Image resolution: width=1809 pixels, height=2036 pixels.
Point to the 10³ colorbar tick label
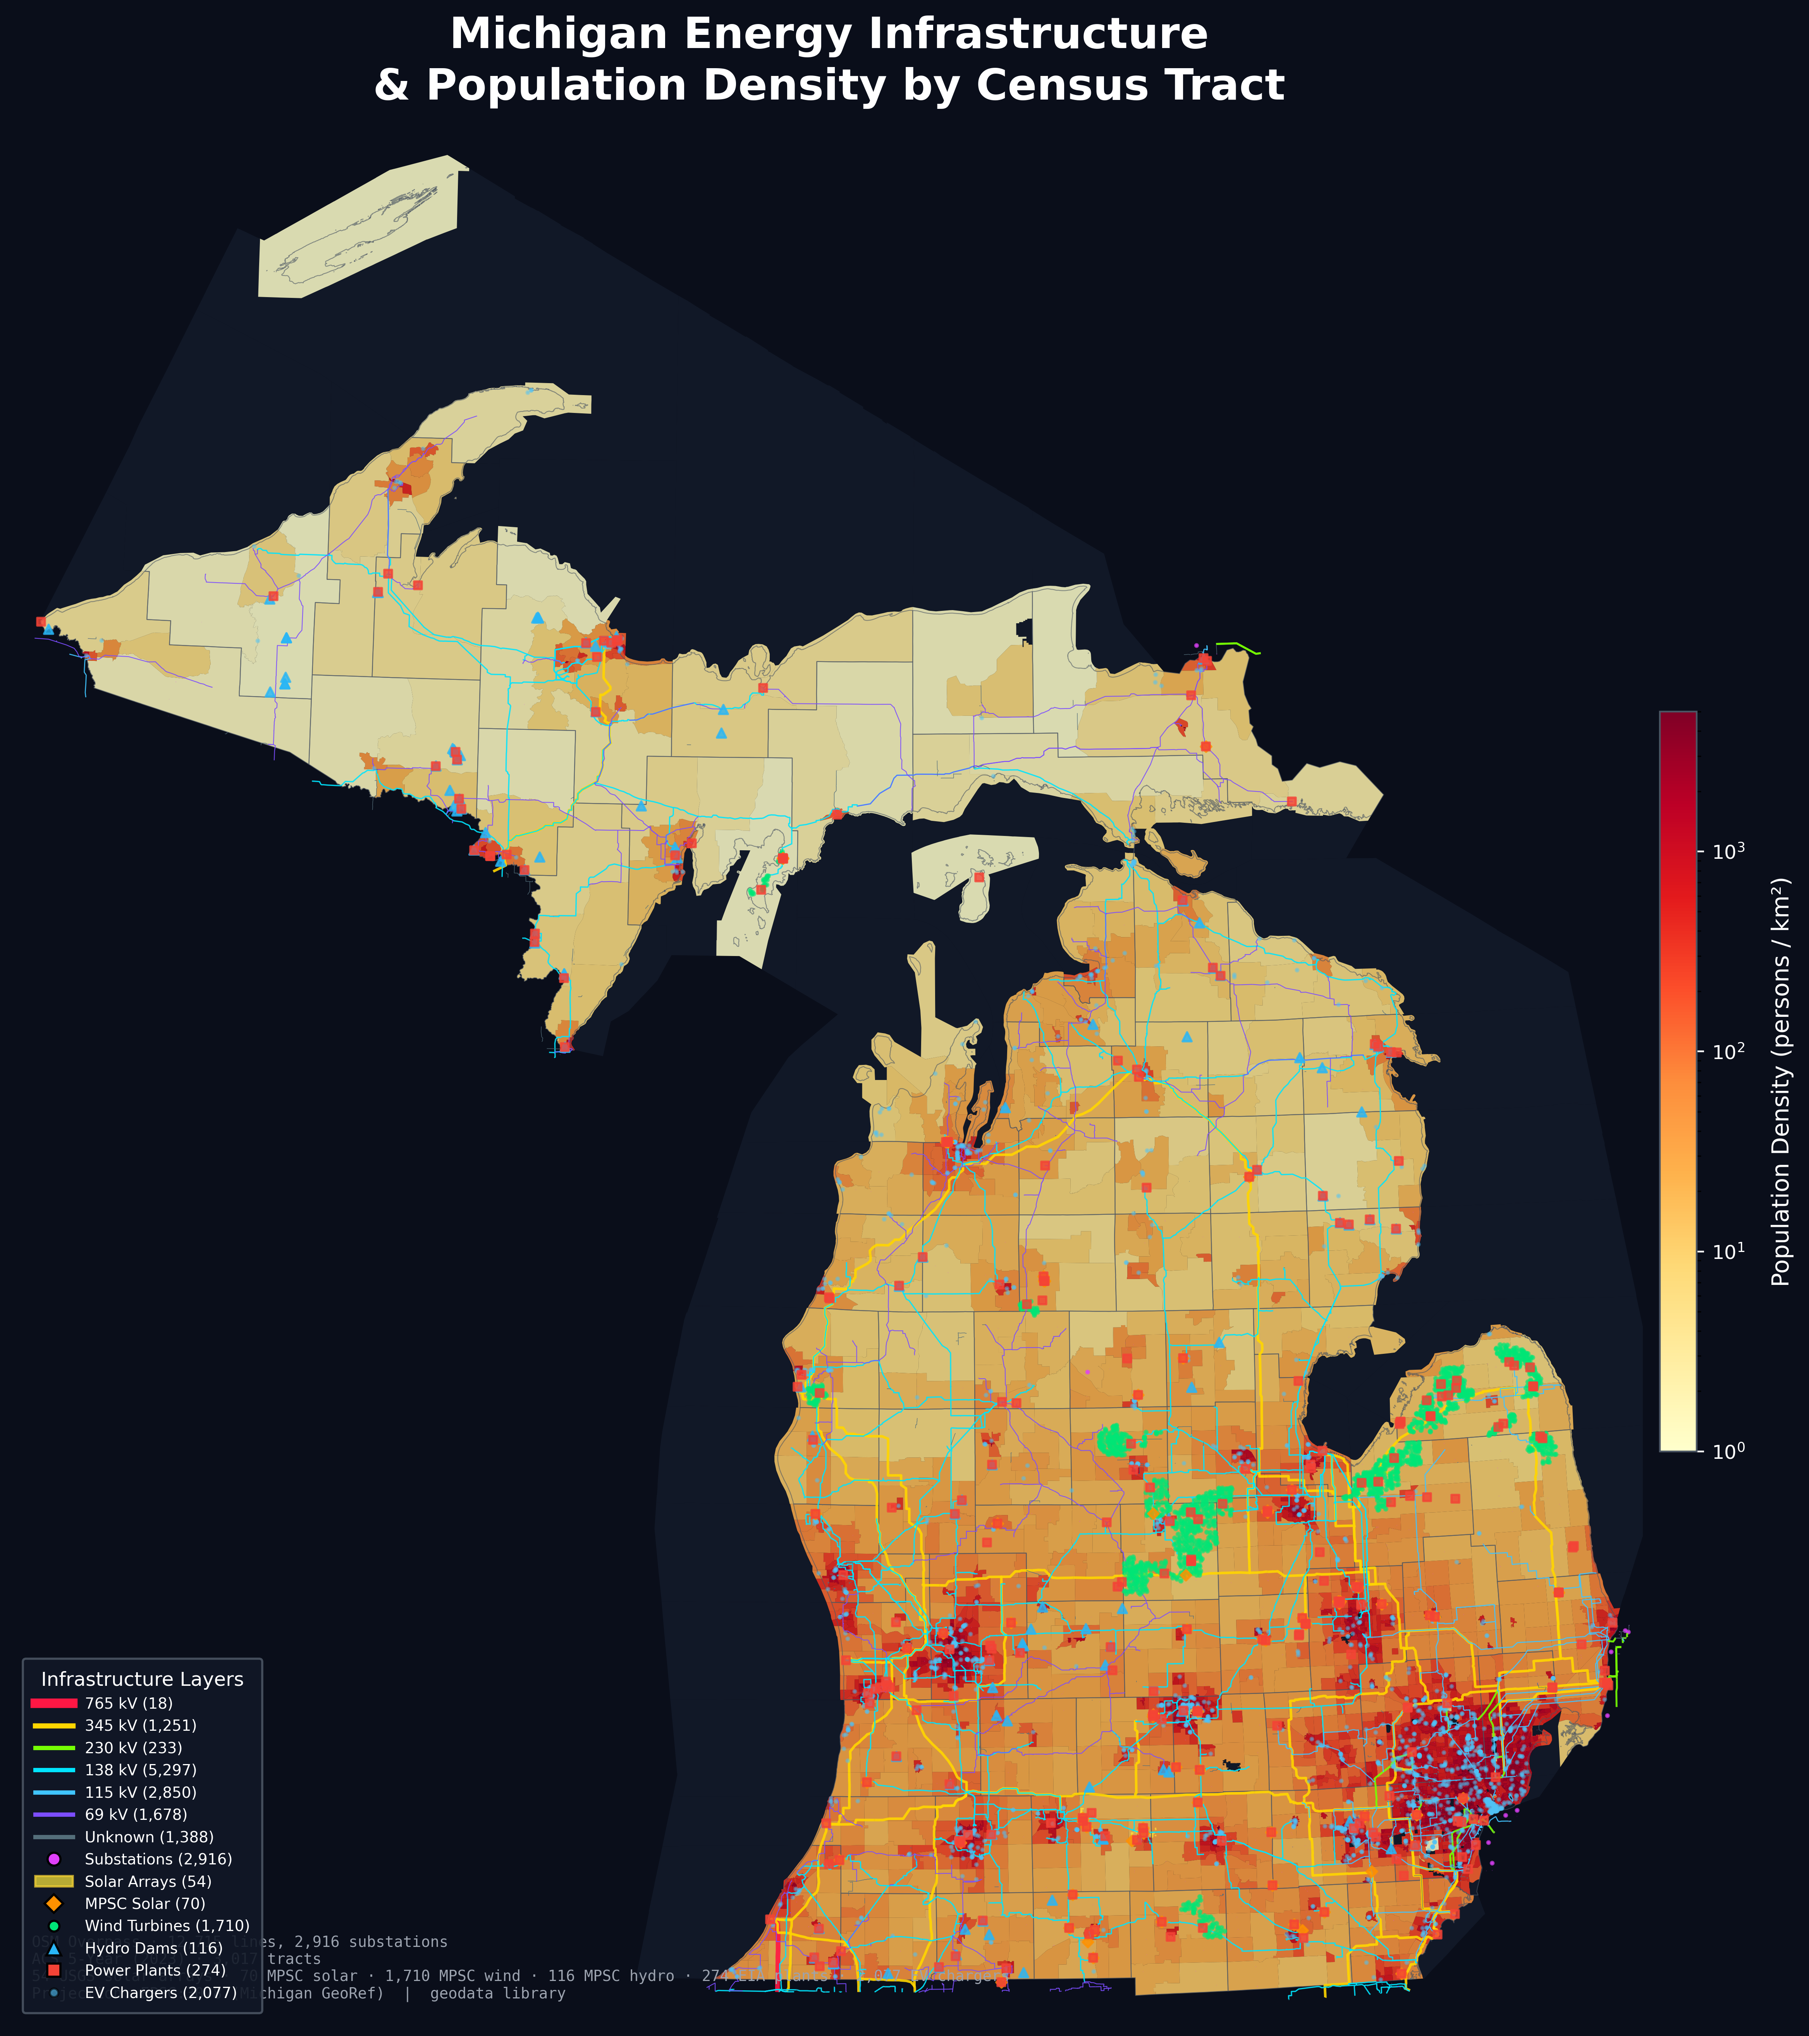[1730, 852]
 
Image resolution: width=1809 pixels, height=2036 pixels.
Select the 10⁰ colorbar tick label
[1730, 1451]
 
